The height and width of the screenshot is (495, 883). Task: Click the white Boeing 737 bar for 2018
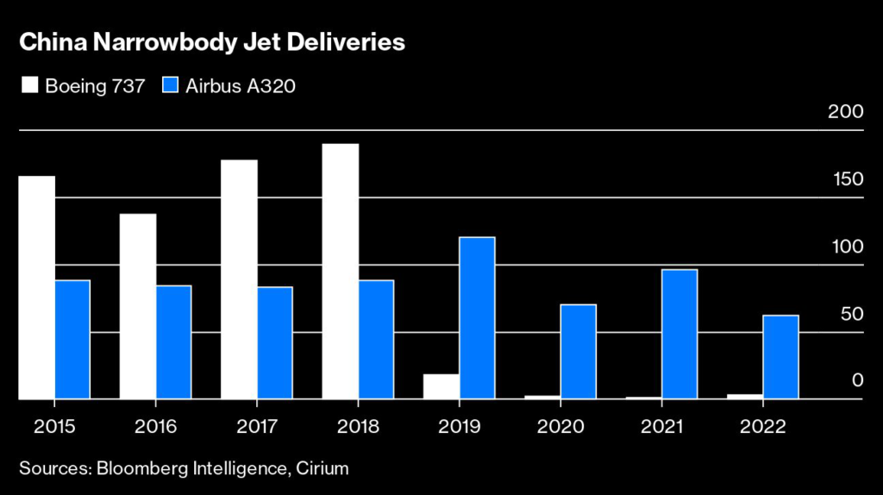pyautogui.click(x=341, y=271)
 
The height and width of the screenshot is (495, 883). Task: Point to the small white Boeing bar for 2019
pyautogui.click(x=441, y=386)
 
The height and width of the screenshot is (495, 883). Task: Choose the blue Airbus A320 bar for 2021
pyautogui.click(x=679, y=334)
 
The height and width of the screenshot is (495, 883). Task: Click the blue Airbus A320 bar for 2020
pyautogui.click(x=578, y=351)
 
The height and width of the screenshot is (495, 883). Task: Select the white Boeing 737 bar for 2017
pyautogui.click(x=240, y=279)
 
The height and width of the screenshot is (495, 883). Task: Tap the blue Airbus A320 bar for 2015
pyautogui.click(x=72, y=339)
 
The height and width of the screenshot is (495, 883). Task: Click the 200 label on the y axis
pyautogui.click(x=846, y=113)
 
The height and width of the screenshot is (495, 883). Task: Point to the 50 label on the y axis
pyautogui.click(x=851, y=314)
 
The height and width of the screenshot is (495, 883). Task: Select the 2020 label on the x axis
pyautogui.click(x=560, y=426)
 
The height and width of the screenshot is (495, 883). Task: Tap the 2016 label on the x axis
pyautogui.click(x=155, y=426)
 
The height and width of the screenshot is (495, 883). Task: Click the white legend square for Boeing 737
pyautogui.click(x=28, y=85)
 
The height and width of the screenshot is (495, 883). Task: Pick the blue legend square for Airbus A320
pyautogui.click(x=171, y=85)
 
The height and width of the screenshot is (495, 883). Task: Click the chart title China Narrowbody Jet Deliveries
pyautogui.click(x=212, y=42)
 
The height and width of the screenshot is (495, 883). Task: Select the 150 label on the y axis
pyautogui.click(x=847, y=179)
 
